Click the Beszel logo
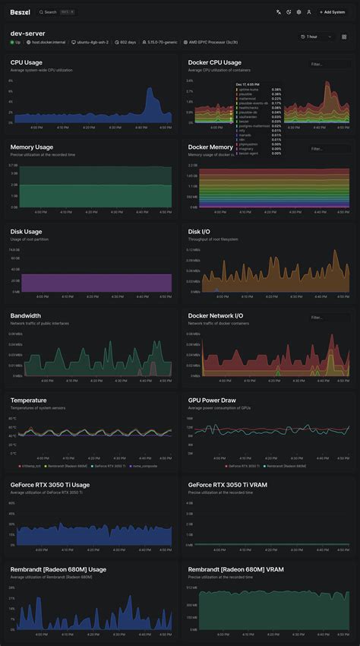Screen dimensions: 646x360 pos(19,12)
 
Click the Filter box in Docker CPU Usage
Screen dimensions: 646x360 pos(328,65)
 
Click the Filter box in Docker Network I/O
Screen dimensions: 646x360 pos(328,318)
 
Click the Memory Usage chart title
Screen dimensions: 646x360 pos(32,147)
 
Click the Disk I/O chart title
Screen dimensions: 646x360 pos(200,231)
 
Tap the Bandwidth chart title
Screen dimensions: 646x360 pos(26,315)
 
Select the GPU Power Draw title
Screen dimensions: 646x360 pos(212,400)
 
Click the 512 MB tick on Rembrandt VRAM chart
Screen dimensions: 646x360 pos(191,587)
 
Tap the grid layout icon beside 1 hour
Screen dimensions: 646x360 pos(344,36)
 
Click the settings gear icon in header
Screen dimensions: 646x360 pos(298,12)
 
